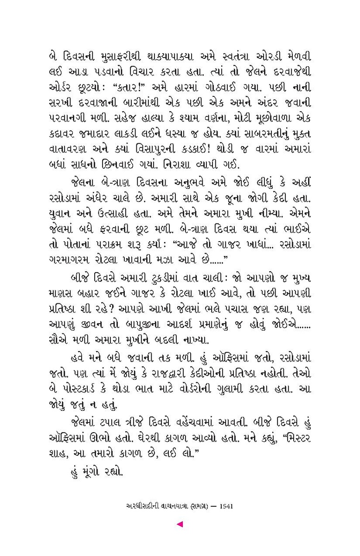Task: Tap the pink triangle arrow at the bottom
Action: pyautogui.click(x=180, y=524)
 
